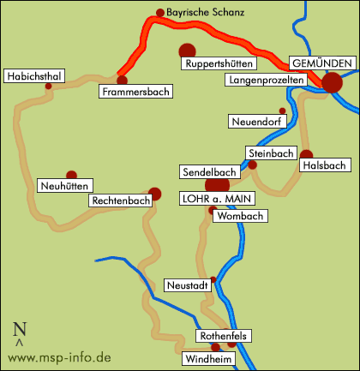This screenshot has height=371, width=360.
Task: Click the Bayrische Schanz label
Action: point(205,14)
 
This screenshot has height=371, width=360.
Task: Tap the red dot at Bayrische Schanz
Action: point(159,13)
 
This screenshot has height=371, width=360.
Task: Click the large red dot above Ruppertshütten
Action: point(186,50)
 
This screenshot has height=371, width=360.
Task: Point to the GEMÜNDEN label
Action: point(321,64)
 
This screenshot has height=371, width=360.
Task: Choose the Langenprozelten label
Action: point(266,80)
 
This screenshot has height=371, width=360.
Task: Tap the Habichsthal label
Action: point(34,76)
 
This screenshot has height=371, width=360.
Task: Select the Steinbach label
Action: point(271,153)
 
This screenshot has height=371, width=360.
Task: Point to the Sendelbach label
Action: point(207,172)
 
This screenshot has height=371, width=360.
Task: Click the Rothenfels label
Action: point(223,337)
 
